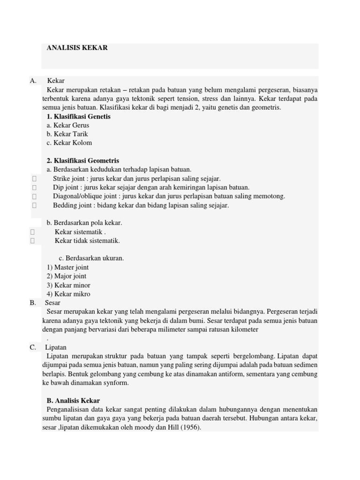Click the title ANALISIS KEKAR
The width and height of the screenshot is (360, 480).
(77, 48)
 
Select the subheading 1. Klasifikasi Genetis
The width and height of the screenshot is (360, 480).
(79, 116)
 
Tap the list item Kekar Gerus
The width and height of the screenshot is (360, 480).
(68, 125)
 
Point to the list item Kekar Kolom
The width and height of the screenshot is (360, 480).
(69, 143)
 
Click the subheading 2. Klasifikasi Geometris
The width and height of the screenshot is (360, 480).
(83, 161)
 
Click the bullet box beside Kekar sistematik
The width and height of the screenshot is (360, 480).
(33, 232)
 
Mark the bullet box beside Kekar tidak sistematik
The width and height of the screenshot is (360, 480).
(33, 241)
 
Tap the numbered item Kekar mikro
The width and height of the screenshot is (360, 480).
(68, 294)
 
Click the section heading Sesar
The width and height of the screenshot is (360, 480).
(52, 303)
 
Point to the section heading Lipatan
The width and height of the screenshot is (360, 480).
(56, 347)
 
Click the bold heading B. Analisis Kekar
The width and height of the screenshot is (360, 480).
(73, 401)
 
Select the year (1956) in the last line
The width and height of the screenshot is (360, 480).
(190, 427)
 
